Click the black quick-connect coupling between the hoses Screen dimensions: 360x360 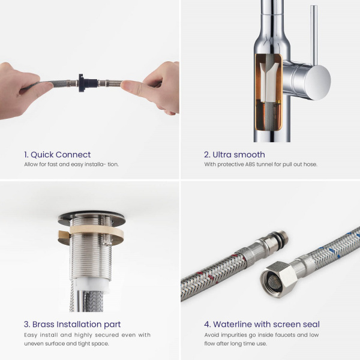pos(86,83)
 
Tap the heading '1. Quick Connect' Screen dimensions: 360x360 pos(58,155)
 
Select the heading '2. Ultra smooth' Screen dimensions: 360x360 pos(235,155)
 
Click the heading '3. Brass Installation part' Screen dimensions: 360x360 pos(73,324)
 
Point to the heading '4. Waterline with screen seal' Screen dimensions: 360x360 pos(262,324)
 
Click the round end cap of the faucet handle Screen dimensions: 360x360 pos(319,83)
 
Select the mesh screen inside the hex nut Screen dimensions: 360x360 pos(274,281)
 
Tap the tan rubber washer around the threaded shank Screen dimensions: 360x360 pos(91,232)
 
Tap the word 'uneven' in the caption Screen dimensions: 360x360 pos(32,344)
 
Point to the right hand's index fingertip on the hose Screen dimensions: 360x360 pos(126,85)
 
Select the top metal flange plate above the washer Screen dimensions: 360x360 pos(91,218)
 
